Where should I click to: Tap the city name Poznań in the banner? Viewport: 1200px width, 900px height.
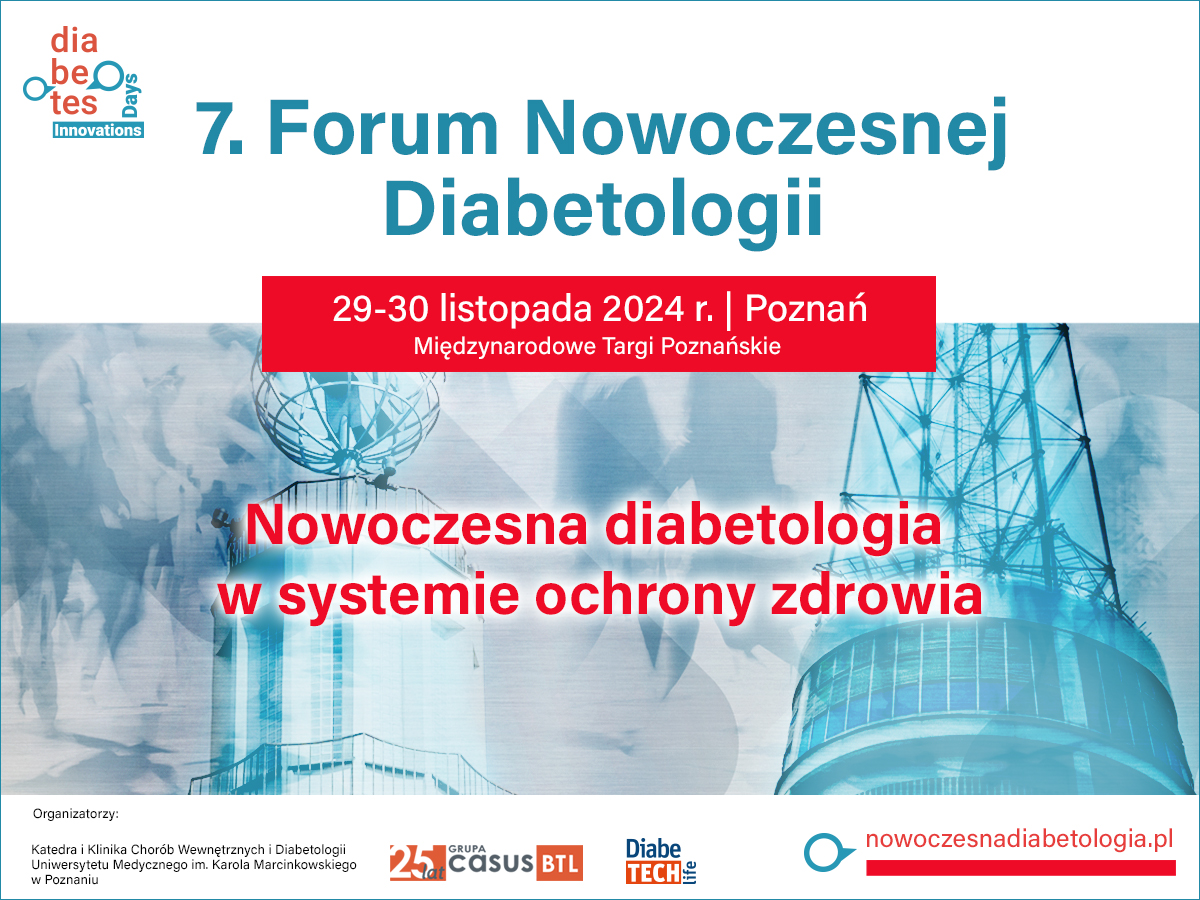[806, 308]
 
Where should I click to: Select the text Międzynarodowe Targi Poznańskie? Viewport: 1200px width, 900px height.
[597, 346]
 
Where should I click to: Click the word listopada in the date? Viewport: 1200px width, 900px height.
[516, 310]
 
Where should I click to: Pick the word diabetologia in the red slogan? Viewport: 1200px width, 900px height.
[773, 525]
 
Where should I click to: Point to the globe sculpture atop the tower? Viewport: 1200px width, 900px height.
[349, 416]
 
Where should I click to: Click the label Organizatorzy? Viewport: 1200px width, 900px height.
[75, 814]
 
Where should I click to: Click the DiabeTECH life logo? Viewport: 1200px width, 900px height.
[661, 862]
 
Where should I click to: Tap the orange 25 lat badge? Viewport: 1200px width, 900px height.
[418, 863]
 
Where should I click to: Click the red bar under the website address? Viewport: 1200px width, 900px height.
[1021, 868]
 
